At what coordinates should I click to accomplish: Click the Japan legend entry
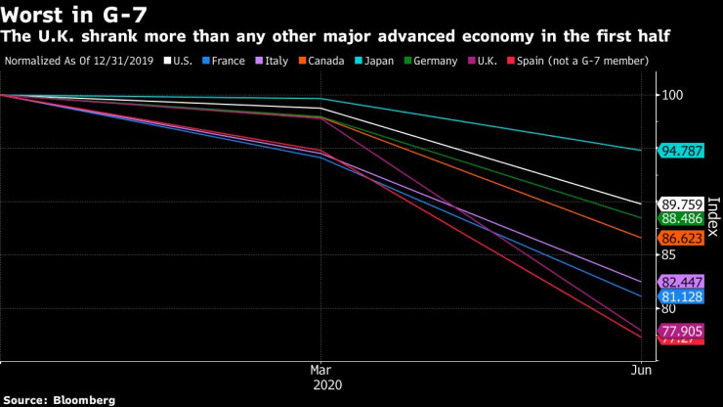(373, 61)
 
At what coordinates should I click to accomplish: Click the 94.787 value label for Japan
(683, 151)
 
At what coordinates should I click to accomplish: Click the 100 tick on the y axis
(673, 96)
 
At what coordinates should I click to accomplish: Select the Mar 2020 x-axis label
(320, 377)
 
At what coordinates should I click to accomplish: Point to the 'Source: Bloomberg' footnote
(60, 399)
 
